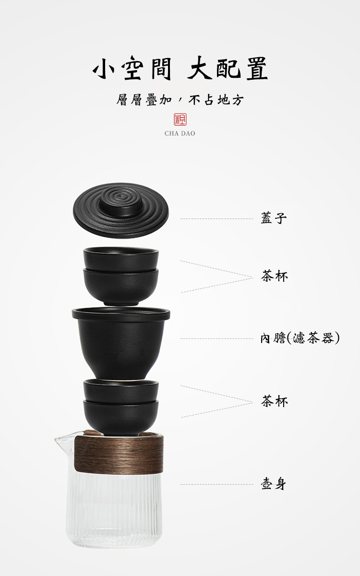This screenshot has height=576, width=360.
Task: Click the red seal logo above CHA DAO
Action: click(x=180, y=120)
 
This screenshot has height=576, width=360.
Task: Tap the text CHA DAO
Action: click(x=180, y=133)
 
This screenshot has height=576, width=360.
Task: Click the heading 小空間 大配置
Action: click(x=180, y=68)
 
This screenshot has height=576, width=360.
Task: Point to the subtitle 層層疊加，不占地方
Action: click(x=180, y=99)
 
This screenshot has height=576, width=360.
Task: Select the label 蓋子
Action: click(x=274, y=218)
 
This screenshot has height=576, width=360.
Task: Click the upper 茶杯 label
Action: click(x=274, y=276)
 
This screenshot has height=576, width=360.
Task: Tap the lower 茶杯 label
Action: click(x=274, y=401)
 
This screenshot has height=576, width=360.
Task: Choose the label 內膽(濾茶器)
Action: click(x=300, y=338)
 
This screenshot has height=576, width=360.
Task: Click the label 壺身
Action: click(x=273, y=484)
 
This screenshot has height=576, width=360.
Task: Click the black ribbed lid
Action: click(x=121, y=210)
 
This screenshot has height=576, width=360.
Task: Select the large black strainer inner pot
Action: click(x=121, y=344)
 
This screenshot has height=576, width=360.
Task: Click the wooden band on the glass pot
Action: click(x=119, y=455)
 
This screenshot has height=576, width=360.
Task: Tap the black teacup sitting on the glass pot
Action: click(x=121, y=417)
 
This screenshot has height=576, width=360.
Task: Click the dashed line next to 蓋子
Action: click(x=217, y=218)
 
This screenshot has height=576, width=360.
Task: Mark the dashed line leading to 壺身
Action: click(x=217, y=484)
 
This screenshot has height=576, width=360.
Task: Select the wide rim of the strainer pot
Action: click(x=121, y=314)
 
